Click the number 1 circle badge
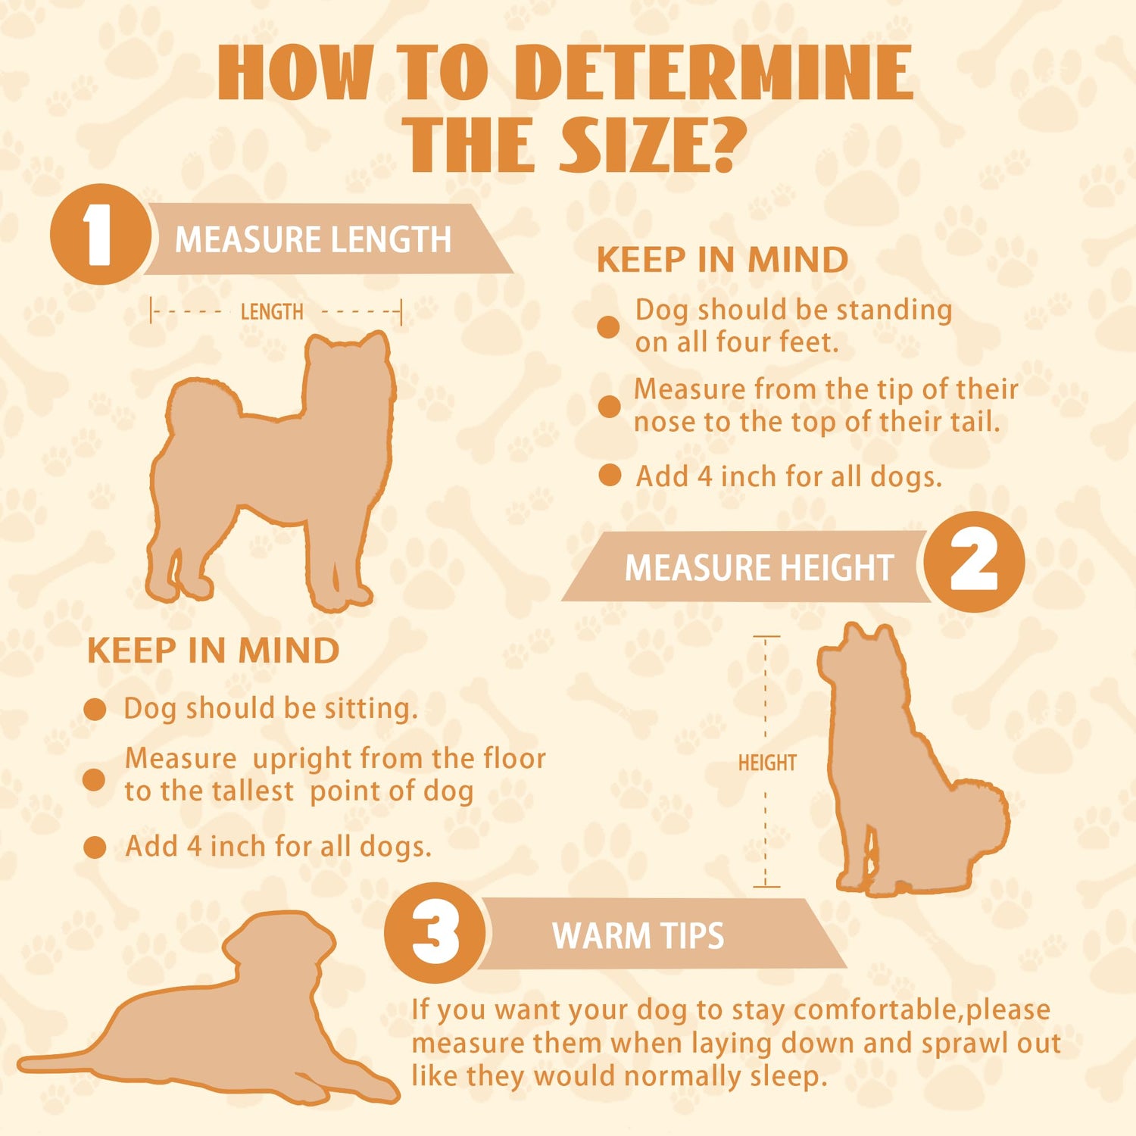click(100, 235)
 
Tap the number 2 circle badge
click(974, 562)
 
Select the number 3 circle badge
click(435, 933)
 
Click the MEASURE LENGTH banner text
click(313, 239)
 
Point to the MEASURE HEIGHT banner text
click(759, 567)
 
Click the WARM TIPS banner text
click(638, 935)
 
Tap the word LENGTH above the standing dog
click(272, 311)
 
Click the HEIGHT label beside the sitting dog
click(767, 763)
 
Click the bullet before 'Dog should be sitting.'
click(95, 710)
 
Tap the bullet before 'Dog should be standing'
click(608, 327)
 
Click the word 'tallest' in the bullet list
click(251, 791)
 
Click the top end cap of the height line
click(766, 637)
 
